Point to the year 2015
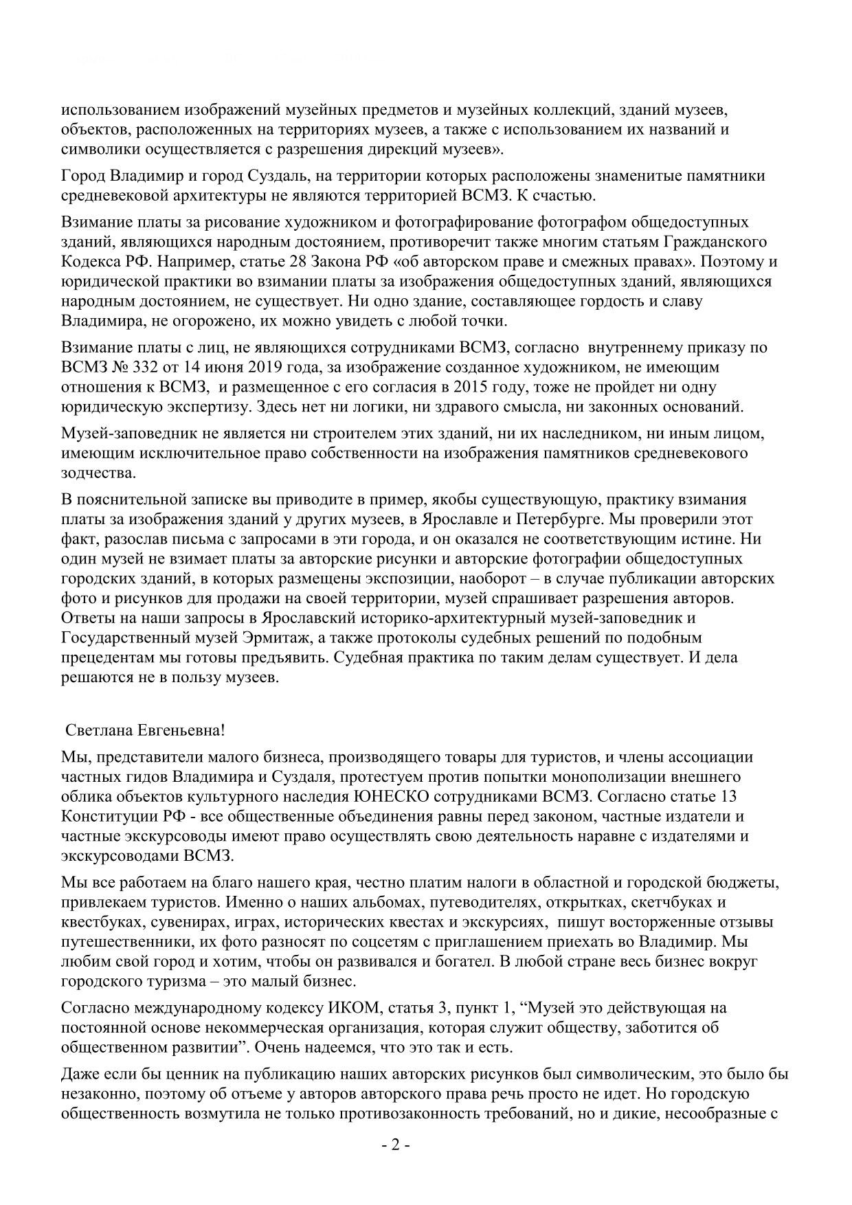458,387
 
